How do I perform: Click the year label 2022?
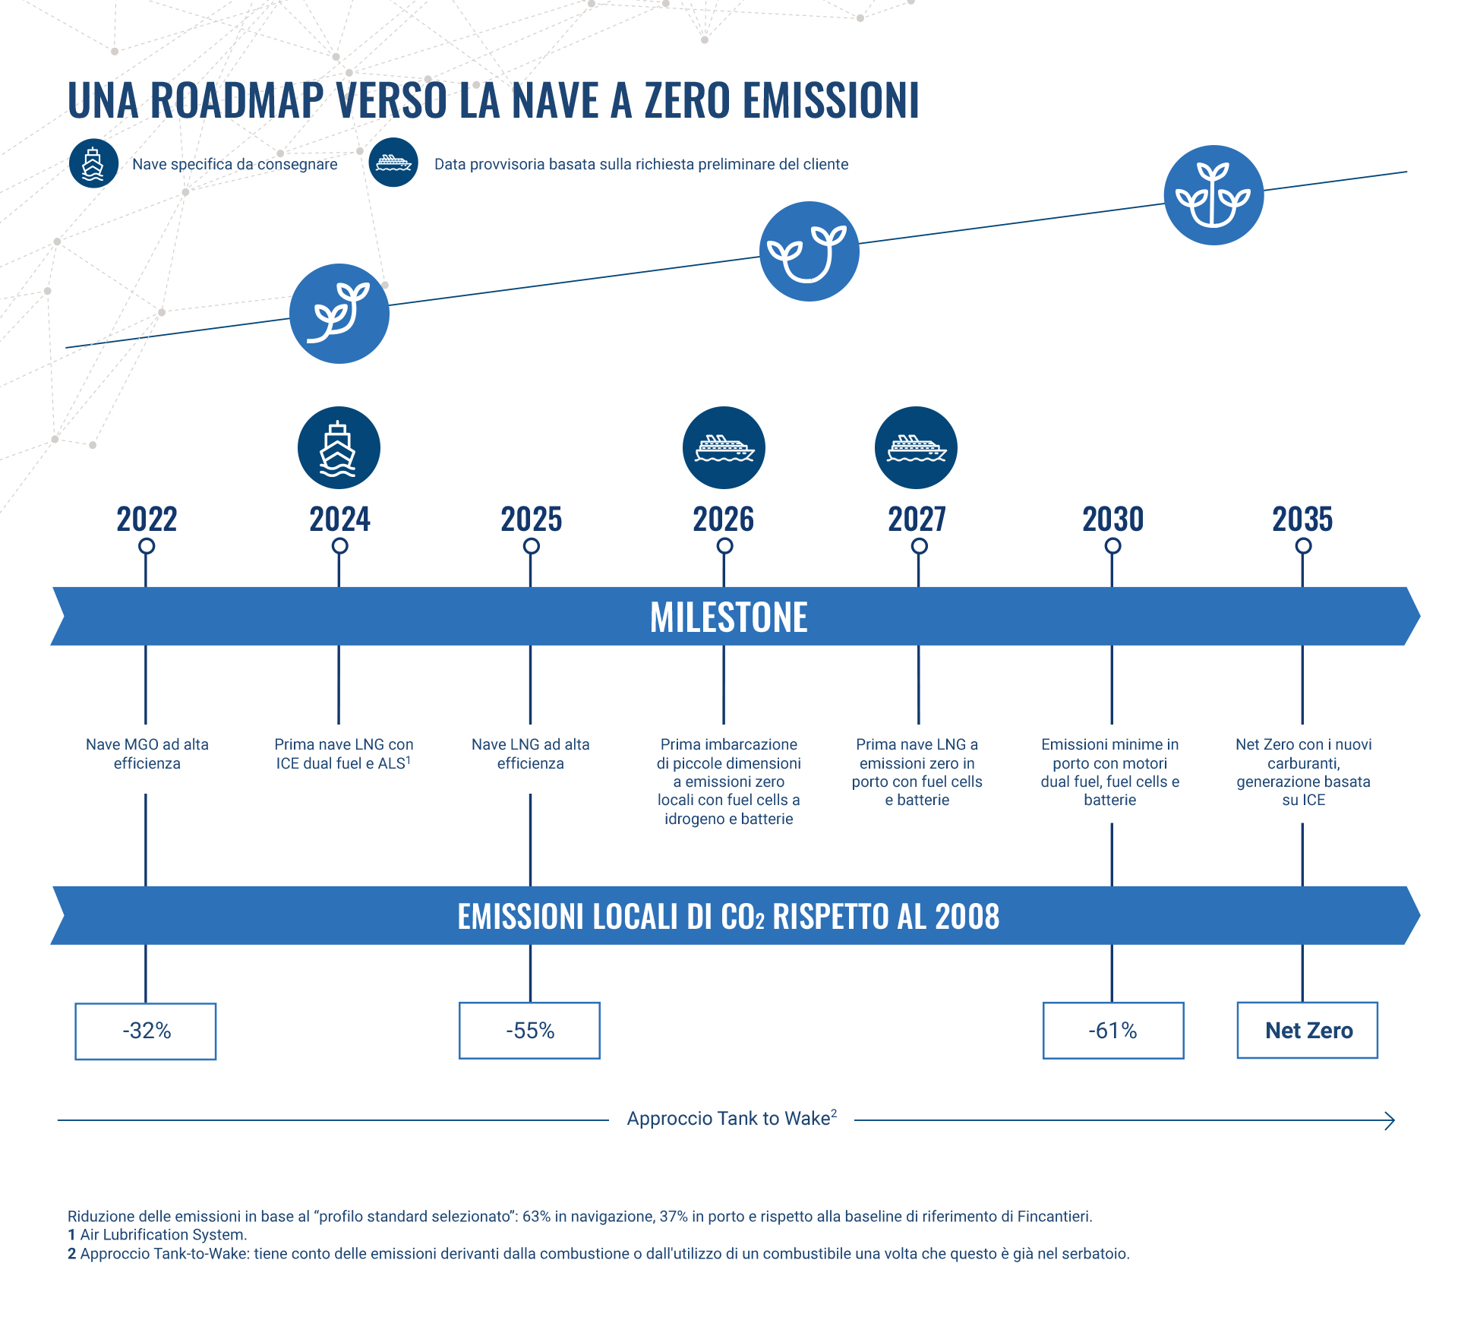147,519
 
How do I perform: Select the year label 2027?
917,519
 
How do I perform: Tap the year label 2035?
1303,519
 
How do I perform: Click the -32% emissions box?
146,1031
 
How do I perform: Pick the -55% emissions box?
529,1031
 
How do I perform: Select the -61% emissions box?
1113,1031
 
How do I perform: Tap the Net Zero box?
1308,1030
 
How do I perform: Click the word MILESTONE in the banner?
729,617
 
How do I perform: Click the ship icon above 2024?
339,448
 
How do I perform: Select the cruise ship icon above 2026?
724,448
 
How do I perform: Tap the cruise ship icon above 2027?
916,448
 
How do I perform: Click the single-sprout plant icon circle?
339,314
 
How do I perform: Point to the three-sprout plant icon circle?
1213,195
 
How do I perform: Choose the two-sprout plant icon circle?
809,251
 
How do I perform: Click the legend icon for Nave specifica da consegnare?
93,163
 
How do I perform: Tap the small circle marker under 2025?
532,546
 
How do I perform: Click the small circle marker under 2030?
1113,546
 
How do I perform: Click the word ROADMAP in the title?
238,100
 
